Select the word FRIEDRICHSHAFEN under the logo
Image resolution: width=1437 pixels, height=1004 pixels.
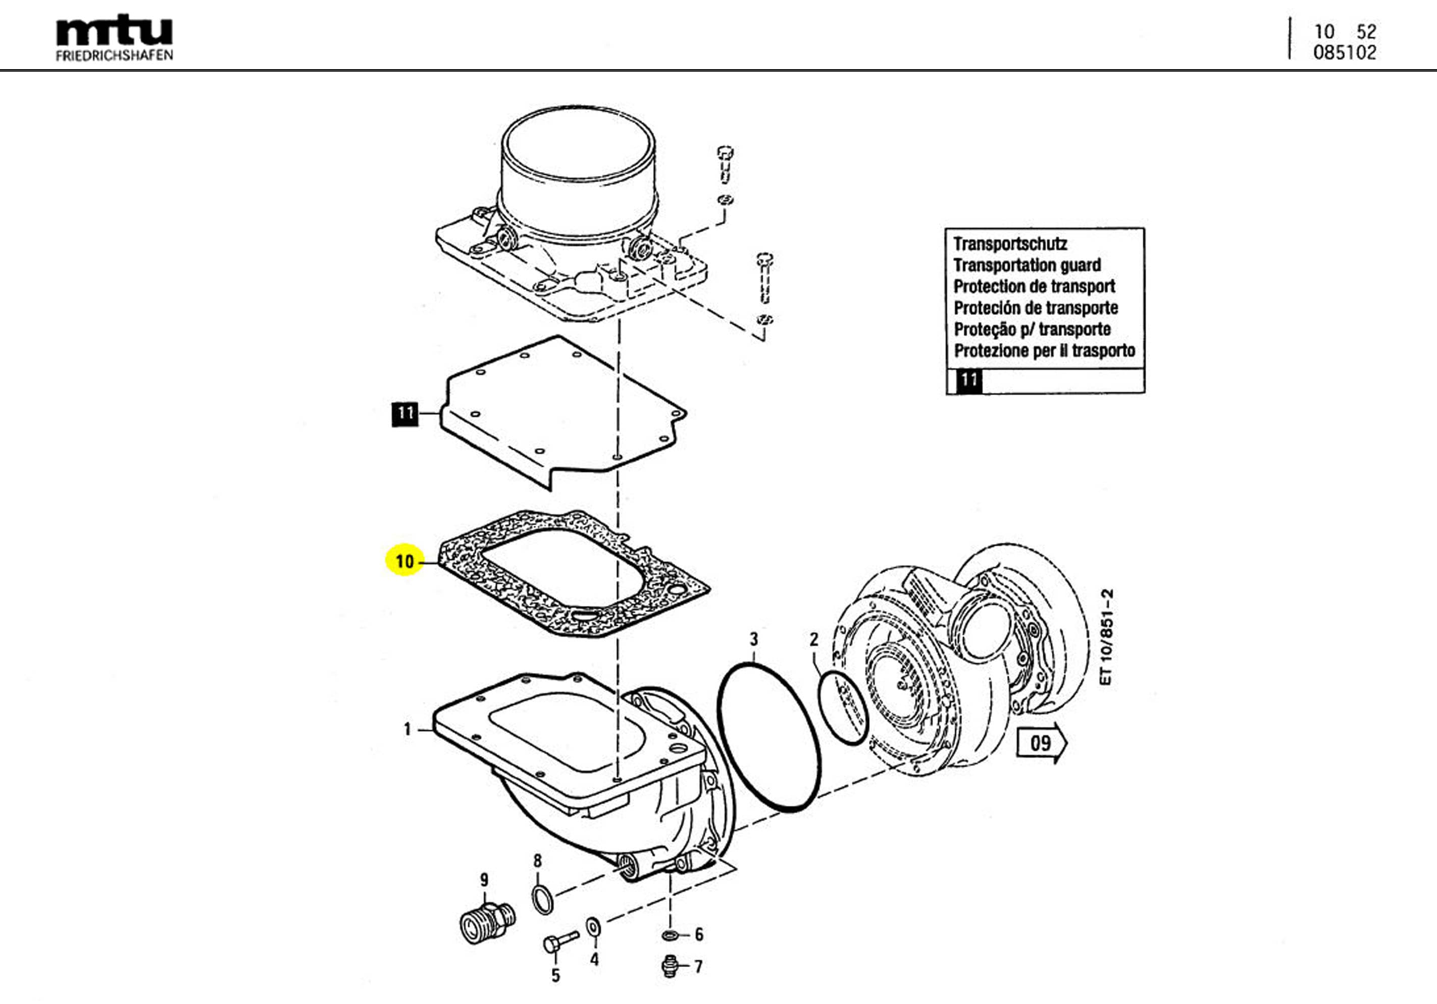[114, 55]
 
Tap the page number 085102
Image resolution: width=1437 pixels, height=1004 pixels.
[1345, 52]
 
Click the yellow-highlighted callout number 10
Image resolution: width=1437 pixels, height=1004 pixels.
[405, 561]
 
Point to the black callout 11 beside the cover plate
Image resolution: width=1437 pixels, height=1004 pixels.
[405, 414]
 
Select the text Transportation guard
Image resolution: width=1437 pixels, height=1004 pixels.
[1027, 265]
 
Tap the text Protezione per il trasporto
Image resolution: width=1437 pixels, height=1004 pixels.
[1044, 350]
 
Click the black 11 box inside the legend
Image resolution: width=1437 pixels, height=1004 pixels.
[969, 380]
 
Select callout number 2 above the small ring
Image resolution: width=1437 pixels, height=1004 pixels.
[813, 639]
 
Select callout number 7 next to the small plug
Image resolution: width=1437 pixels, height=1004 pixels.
[698, 967]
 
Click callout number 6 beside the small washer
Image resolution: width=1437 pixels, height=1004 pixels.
[698, 934]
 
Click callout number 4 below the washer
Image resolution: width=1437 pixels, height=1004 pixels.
[594, 959]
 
